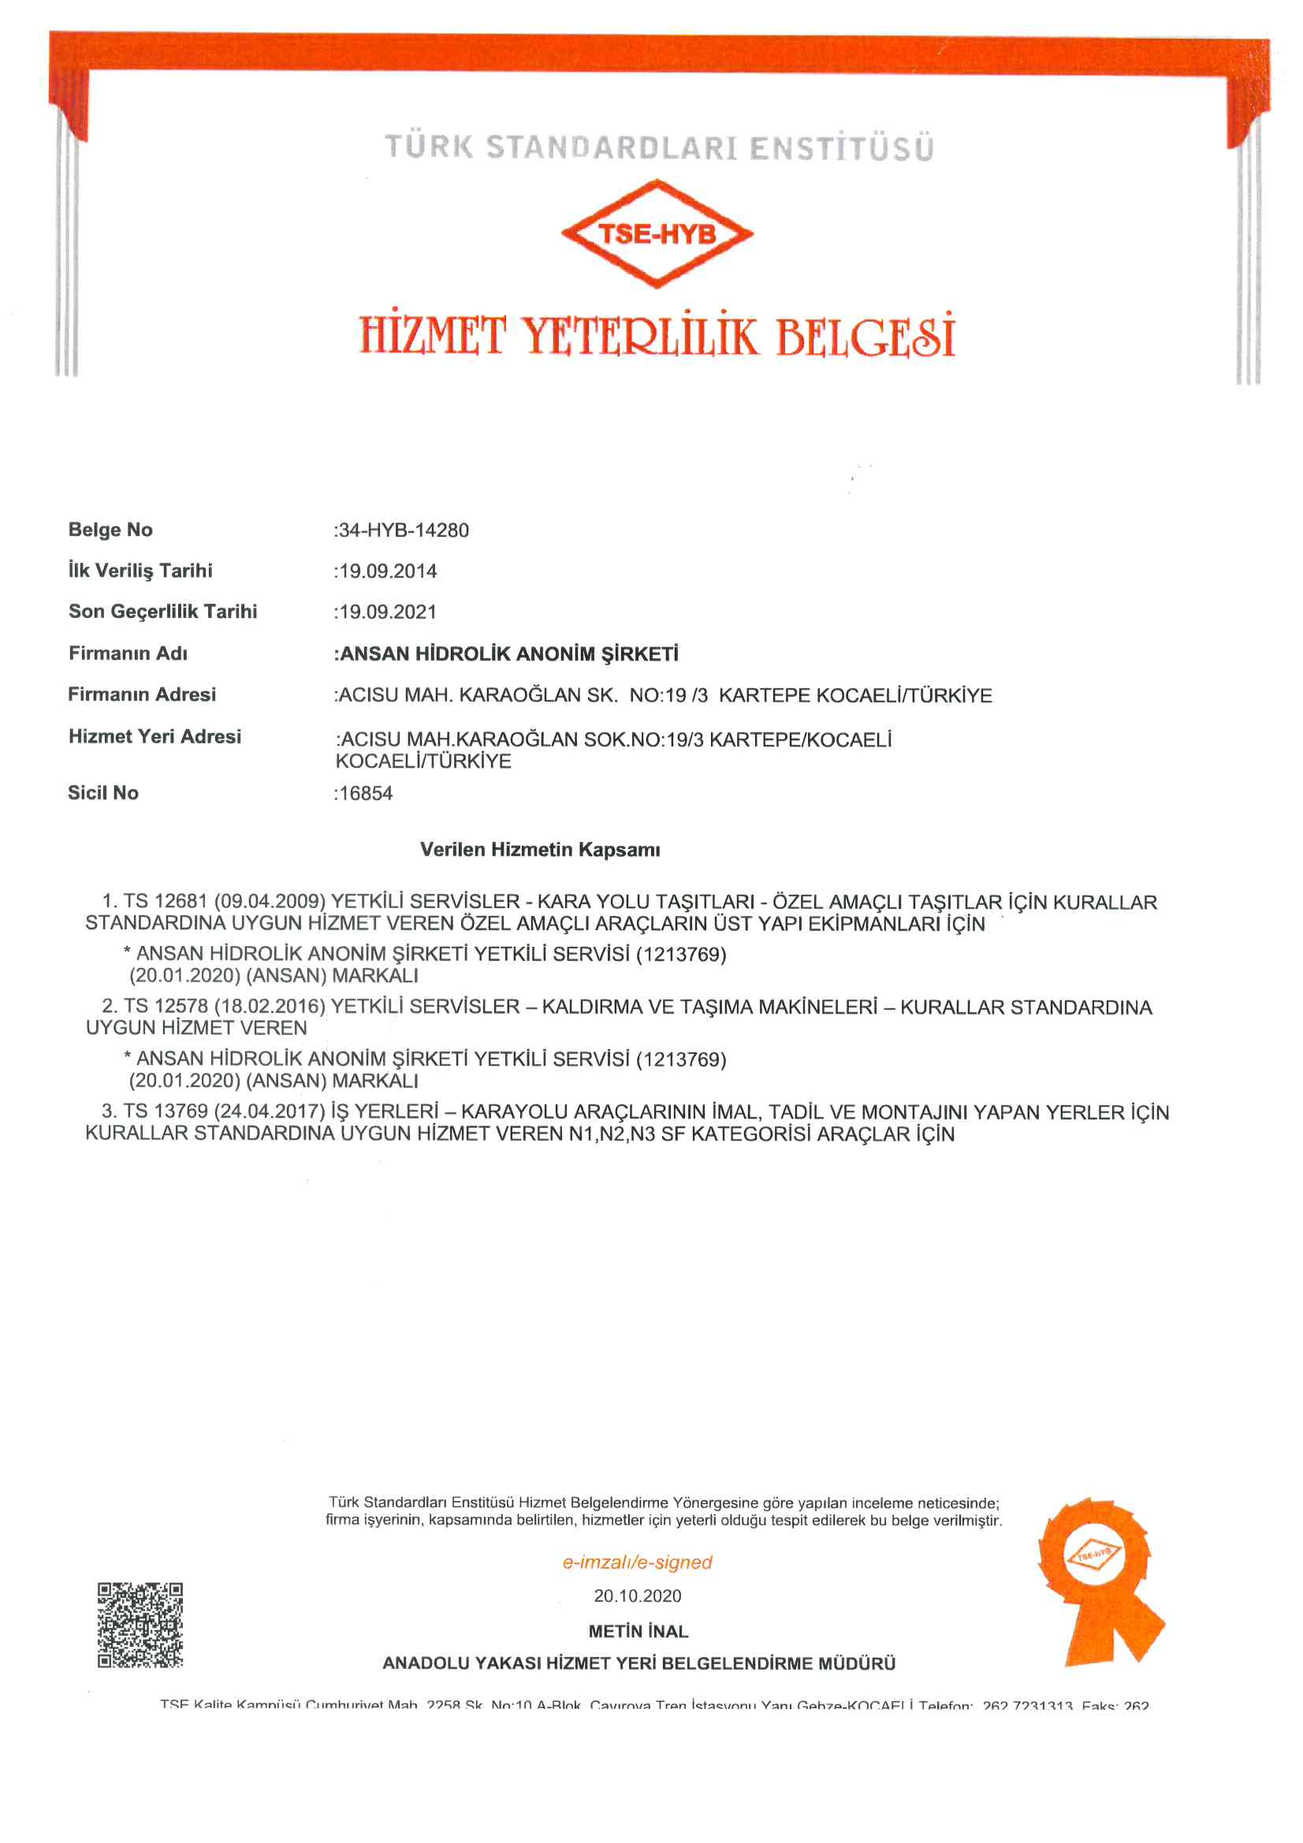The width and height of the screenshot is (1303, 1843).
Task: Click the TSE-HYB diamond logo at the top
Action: (657, 233)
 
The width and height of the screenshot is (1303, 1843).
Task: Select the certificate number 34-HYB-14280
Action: (404, 531)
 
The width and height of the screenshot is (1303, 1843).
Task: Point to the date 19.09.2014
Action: (388, 572)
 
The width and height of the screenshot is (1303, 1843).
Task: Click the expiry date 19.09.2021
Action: (388, 612)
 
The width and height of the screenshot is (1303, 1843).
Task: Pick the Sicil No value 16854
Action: (366, 794)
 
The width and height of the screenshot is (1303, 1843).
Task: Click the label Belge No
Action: (111, 530)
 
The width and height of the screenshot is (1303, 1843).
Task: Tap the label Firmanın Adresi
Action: (142, 694)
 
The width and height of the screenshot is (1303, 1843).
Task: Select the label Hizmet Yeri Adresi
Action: (155, 737)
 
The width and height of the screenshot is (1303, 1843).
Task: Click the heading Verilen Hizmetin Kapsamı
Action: (540, 850)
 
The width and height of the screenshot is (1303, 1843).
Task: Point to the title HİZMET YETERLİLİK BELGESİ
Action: (657, 336)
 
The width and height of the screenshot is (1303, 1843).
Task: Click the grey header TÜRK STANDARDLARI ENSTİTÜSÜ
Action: (659, 148)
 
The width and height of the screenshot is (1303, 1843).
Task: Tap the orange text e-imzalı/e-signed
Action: (638, 1562)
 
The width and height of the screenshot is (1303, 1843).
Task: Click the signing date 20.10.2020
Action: (638, 1595)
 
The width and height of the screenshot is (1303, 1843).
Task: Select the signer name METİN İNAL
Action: (638, 1631)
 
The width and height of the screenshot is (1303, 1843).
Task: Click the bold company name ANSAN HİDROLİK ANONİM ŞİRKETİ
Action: (509, 654)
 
